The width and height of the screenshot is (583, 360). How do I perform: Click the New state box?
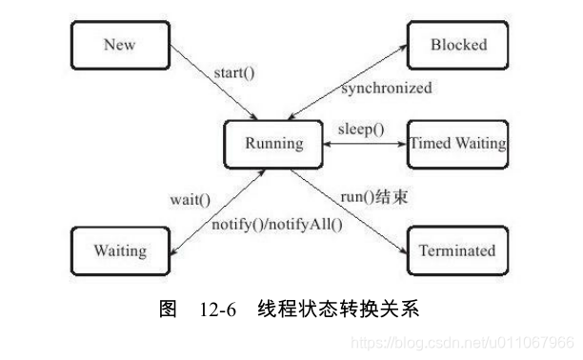click(x=120, y=45)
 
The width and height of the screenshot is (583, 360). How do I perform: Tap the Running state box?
click(x=274, y=145)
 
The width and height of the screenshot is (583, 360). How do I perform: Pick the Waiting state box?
click(x=120, y=251)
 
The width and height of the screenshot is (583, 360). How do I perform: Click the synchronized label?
click(x=386, y=89)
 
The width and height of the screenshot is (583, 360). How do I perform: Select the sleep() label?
click(x=363, y=128)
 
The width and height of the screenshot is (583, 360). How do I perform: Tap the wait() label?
click(x=190, y=201)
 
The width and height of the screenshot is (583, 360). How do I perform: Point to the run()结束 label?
click(x=376, y=196)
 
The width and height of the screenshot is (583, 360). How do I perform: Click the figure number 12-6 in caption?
click(x=218, y=310)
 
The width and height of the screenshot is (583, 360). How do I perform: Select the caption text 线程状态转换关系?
click(x=337, y=310)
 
